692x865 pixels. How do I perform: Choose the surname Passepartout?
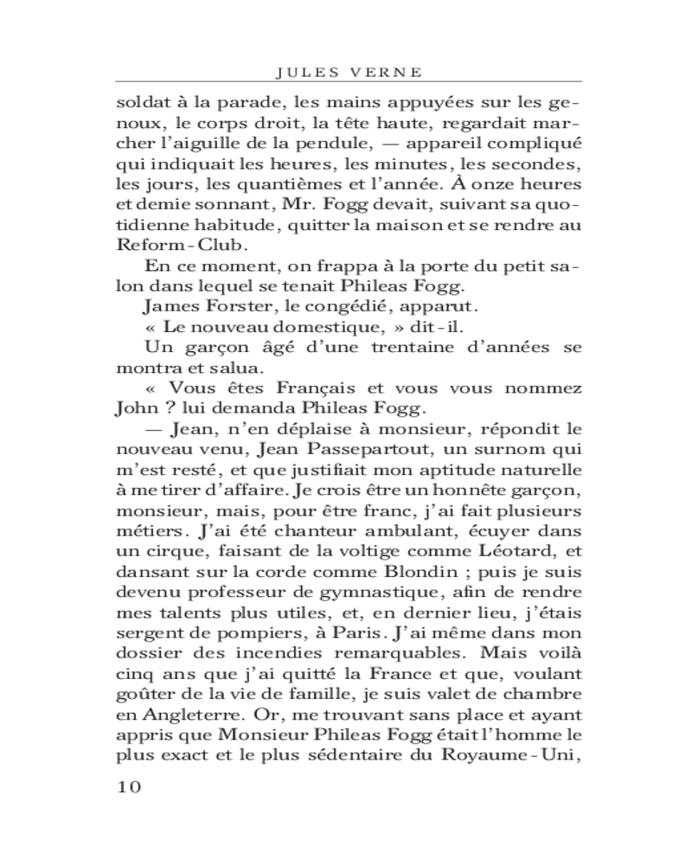[338, 451]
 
